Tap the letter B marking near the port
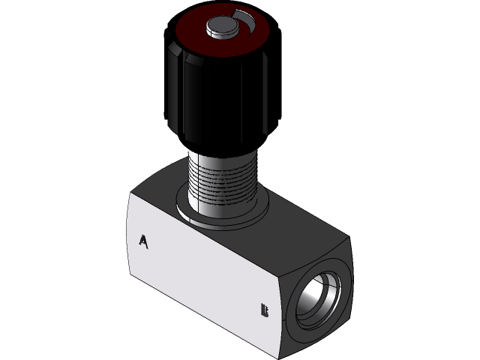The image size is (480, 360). [x=263, y=309]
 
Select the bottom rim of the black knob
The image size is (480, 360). [x=217, y=143]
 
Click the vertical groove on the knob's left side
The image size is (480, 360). [x=181, y=90]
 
